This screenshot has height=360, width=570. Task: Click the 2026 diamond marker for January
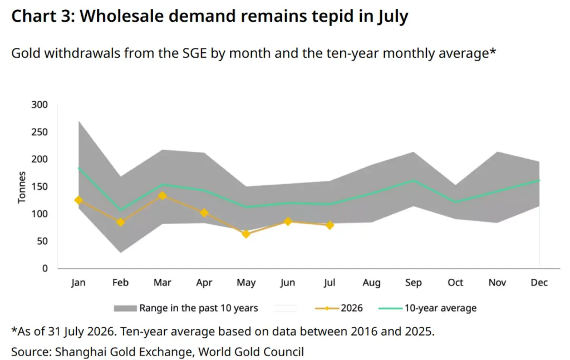point(78,200)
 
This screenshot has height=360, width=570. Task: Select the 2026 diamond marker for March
point(163,196)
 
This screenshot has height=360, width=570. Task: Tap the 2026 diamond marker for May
point(246,234)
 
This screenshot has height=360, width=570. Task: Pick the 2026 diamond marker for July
point(330,225)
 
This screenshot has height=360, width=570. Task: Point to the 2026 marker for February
point(121,222)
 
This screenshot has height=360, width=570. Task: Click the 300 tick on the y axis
point(40,105)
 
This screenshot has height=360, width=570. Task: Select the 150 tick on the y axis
point(40,186)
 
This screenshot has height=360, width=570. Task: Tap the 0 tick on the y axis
point(45,268)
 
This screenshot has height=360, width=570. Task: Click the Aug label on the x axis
point(371,283)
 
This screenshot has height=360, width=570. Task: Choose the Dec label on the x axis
point(539,282)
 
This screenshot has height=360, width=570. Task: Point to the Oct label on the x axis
point(455,282)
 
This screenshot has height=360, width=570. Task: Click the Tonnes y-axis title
point(22,187)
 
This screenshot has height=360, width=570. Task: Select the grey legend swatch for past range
point(125,308)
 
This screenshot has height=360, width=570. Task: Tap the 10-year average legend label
point(440,308)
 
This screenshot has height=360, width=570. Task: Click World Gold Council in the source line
point(251,352)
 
